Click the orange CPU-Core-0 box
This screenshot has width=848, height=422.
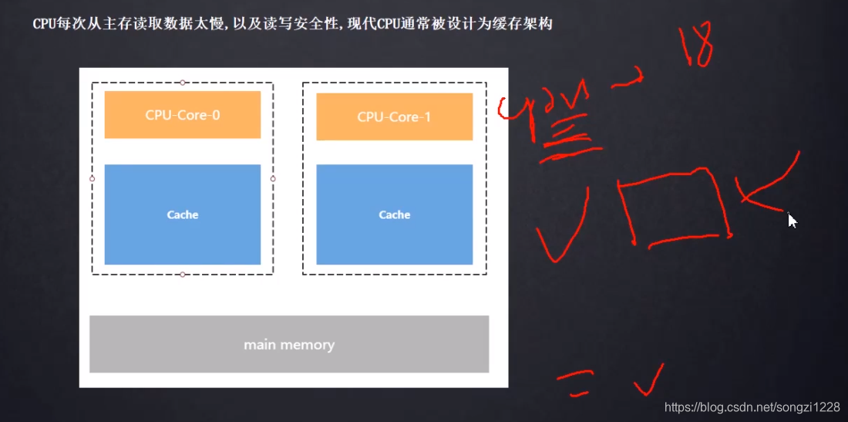tap(183, 114)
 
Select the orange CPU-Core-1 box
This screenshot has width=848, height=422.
tap(394, 116)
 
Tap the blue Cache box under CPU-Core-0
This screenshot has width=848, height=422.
tap(183, 214)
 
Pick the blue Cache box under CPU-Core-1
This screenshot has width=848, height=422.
tap(394, 214)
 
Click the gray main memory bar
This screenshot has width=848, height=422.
tap(289, 344)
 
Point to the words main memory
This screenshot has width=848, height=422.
tap(289, 345)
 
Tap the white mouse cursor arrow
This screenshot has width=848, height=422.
tap(792, 221)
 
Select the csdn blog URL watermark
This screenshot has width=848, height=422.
tap(752, 407)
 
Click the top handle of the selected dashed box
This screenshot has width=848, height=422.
tap(183, 82)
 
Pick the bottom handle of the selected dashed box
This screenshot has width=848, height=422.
tap(183, 275)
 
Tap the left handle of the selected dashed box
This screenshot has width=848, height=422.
tap(92, 178)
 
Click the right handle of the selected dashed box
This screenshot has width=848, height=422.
tap(273, 178)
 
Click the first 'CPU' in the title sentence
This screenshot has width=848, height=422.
tap(43, 24)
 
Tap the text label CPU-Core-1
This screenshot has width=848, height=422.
tap(394, 117)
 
